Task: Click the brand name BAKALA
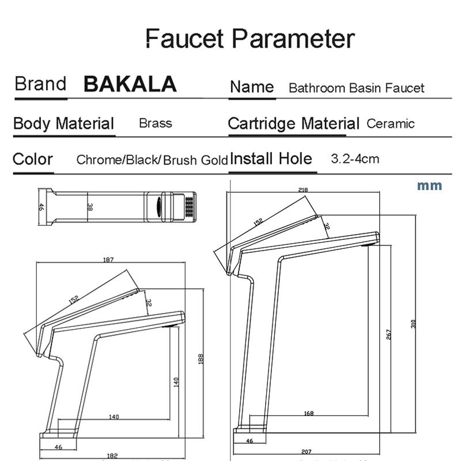130,84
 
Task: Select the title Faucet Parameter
249,39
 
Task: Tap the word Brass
155,123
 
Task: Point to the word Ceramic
390,123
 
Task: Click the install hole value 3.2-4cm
355,158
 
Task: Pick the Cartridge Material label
293,123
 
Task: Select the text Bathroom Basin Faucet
356,88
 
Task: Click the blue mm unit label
429,186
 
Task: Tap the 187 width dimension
108,260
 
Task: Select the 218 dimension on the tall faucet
303,190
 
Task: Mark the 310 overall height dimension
413,324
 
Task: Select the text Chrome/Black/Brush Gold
152,160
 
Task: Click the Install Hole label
271,158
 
